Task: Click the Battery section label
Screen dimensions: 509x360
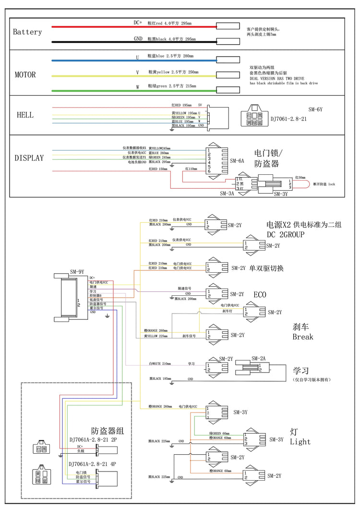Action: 27,32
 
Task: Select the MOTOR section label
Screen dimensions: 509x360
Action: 25,75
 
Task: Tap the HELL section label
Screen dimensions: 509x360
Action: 25,115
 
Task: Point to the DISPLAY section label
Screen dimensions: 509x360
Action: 29,158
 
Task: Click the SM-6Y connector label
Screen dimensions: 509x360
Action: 315,109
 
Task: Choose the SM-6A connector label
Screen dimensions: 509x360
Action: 237,161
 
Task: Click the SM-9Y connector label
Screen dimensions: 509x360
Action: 77,271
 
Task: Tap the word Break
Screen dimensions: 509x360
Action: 303,337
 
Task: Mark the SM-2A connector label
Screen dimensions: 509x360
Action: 258,358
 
